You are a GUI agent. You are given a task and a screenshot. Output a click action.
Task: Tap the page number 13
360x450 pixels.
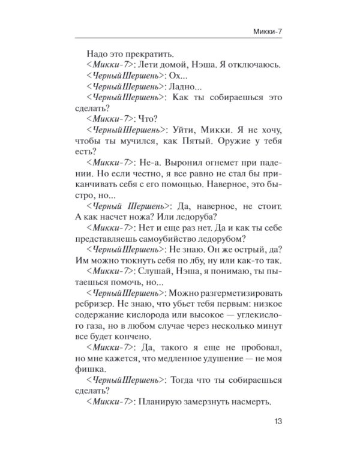coord(278,421)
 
